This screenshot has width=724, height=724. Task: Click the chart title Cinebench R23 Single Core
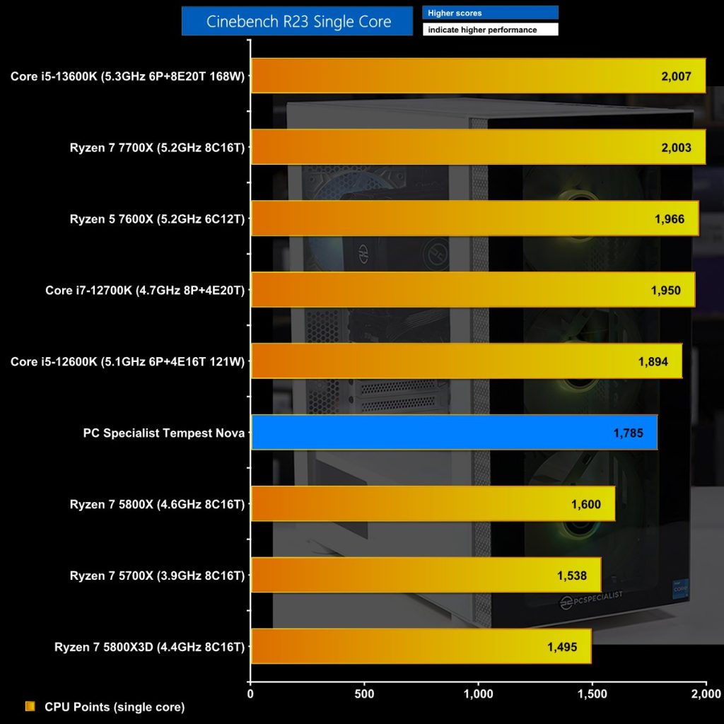point(297,21)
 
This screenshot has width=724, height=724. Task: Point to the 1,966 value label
point(669,219)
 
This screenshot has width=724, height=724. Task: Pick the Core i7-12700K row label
point(145,290)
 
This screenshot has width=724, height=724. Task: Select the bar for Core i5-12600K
point(466,361)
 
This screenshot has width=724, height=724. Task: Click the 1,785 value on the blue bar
point(629,433)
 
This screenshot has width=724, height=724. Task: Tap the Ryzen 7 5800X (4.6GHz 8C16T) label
point(157,504)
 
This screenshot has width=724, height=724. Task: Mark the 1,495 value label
point(561,647)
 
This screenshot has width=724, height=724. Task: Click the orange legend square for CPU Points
point(30,706)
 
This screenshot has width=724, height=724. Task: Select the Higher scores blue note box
point(490,13)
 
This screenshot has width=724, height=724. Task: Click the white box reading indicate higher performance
point(490,30)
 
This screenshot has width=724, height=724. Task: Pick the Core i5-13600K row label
point(127,76)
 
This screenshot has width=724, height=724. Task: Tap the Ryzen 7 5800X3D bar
point(421,647)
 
